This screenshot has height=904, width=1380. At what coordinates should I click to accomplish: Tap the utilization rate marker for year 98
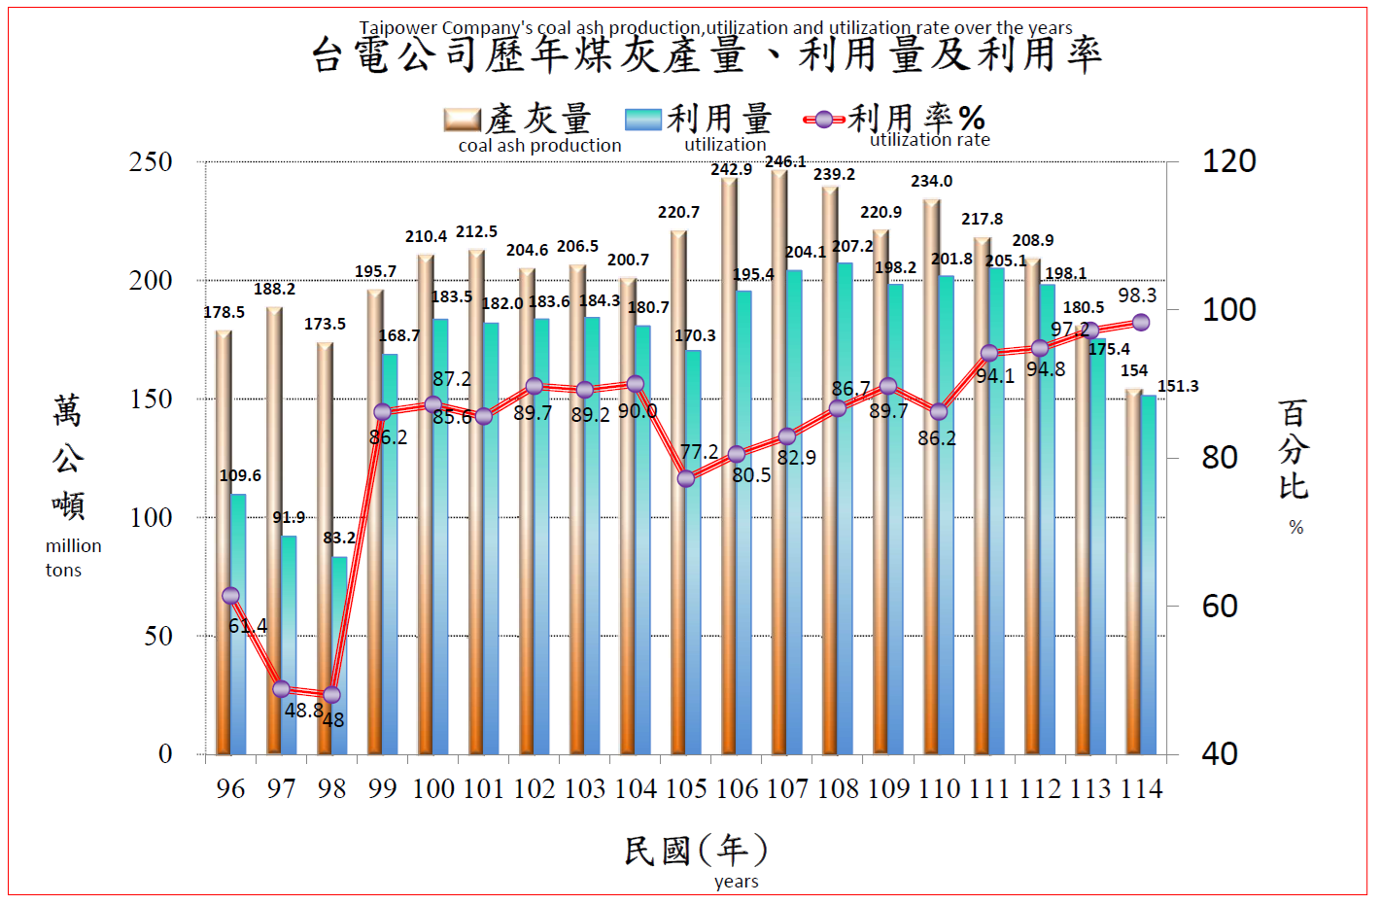point(331,695)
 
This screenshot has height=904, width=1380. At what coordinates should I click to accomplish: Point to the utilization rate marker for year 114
point(1141,323)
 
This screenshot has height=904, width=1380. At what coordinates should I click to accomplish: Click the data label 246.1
point(785,161)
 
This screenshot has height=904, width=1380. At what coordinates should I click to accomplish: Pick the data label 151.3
point(1178,386)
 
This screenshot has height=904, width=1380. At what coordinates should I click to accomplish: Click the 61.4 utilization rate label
point(248,626)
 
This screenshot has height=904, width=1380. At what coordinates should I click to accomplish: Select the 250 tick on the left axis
point(151,161)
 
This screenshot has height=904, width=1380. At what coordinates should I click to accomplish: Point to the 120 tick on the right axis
point(1228,161)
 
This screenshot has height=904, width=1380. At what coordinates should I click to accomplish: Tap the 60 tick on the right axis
point(1220,607)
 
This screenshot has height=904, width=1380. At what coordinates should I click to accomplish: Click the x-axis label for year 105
point(686,788)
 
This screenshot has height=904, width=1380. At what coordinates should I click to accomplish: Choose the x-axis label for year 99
point(382,788)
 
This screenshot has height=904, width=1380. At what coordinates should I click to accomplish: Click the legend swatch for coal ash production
point(462,120)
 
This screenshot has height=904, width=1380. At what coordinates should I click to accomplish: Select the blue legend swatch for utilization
point(643,120)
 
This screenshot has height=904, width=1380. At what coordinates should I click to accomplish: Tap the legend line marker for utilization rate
point(824,120)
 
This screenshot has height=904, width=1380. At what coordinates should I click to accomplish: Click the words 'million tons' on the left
point(73,558)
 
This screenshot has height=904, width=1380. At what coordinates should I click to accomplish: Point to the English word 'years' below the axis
point(736,882)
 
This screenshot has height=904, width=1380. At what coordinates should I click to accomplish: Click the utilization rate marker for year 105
point(686,478)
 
